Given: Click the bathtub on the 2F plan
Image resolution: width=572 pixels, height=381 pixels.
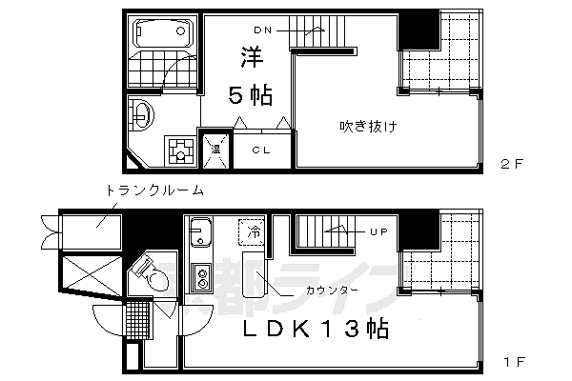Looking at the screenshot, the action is pyautogui.click(x=163, y=32).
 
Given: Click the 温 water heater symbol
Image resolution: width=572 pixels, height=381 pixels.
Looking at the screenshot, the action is pyautogui.click(x=216, y=150).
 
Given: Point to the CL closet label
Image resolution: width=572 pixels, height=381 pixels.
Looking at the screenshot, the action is pyautogui.click(x=261, y=150).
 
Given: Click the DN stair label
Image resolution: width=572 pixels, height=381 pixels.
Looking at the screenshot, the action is pyautogui.click(x=263, y=30).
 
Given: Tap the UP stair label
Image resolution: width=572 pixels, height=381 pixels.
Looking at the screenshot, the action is pyautogui.click(x=378, y=231).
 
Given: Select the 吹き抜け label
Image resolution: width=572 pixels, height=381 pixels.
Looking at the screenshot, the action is pyautogui.click(x=368, y=127).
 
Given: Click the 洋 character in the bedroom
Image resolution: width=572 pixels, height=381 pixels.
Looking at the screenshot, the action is pyautogui.click(x=252, y=57).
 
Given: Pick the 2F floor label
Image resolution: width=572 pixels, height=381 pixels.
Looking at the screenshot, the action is pyautogui.click(x=512, y=164).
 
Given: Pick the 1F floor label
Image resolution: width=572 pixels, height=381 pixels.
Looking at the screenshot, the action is pyautogui.click(x=514, y=362).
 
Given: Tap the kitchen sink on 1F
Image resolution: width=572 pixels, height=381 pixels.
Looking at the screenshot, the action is pyautogui.click(x=200, y=231).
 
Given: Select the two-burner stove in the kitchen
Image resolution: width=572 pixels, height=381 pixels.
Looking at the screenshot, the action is pyautogui.click(x=201, y=277).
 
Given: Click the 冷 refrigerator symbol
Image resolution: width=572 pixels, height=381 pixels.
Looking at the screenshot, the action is pyautogui.click(x=252, y=231).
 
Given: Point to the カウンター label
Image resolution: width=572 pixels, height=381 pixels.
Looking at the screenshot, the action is pyautogui.click(x=332, y=291).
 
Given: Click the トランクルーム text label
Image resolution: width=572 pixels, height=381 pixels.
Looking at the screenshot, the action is pyautogui.click(x=154, y=190).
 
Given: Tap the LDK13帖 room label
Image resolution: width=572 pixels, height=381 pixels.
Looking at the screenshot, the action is pyautogui.click(x=316, y=330).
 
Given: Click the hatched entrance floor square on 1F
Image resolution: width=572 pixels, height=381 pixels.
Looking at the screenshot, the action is pyautogui.click(x=138, y=320).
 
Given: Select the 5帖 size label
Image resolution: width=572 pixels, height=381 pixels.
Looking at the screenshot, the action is pyautogui.click(x=251, y=95).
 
